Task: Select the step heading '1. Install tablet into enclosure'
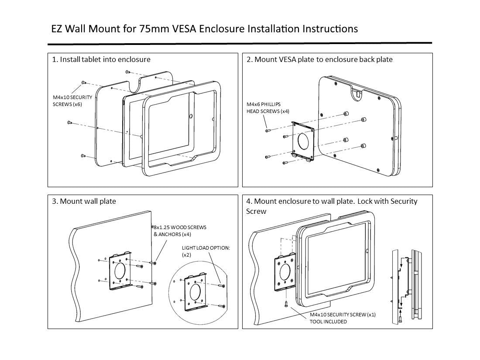click(x=101, y=59)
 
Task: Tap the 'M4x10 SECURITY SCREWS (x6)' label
click(x=72, y=101)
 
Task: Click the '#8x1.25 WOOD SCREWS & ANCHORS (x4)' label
click(x=179, y=231)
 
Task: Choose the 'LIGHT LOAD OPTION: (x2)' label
click(x=206, y=251)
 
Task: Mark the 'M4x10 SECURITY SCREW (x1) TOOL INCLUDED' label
click(x=343, y=318)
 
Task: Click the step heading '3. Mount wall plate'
click(x=84, y=201)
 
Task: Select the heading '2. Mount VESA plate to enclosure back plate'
click(x=319, y=59)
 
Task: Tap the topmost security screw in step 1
click(x=127, y=72)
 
